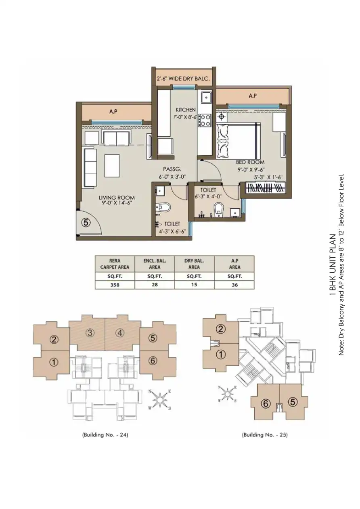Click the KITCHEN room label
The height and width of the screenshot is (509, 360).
(x=186, y=110)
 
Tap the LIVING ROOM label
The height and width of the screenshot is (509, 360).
(x=117, y=198)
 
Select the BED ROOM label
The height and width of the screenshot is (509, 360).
(x=250, y=162)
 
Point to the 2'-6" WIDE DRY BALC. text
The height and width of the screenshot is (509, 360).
(x=183, y=79)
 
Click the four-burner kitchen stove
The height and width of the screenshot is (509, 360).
(x=205, y=120)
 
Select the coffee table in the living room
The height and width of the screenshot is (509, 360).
(x=112, y=165)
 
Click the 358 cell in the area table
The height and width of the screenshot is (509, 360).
(x=115, y=285)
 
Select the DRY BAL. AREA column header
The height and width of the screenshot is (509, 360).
(x=194, y=264)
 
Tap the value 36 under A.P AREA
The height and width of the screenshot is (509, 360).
(x=234, y=285)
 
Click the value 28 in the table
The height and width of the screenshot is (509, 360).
(x=155, y=285)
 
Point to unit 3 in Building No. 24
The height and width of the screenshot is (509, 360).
(x=90, y=333)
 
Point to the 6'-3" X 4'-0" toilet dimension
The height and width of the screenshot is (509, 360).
(x=208, y=196)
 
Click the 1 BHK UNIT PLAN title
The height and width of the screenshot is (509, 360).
(x=333, y=265)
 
